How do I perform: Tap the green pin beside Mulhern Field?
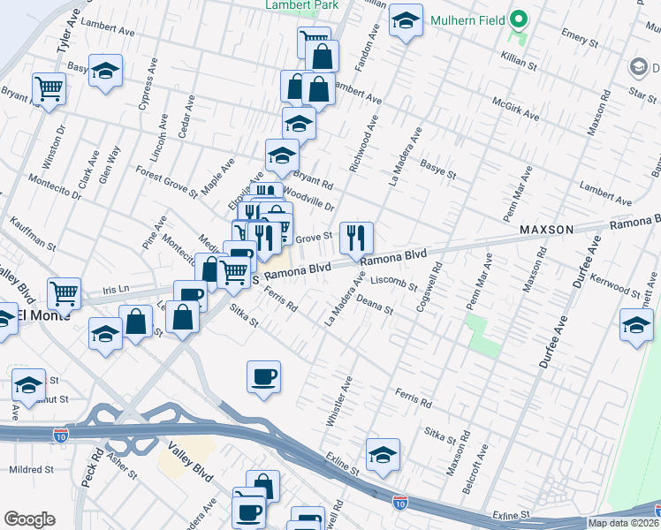tap(520, 19)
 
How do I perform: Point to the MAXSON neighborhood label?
tap(546, 230)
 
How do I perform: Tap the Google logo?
tap(29, 519)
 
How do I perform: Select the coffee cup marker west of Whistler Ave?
tap(263, 378)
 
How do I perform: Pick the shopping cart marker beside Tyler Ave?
tap(49, 88)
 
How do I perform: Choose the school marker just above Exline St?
tap(383, 455)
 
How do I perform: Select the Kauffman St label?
tap(33, 234)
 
